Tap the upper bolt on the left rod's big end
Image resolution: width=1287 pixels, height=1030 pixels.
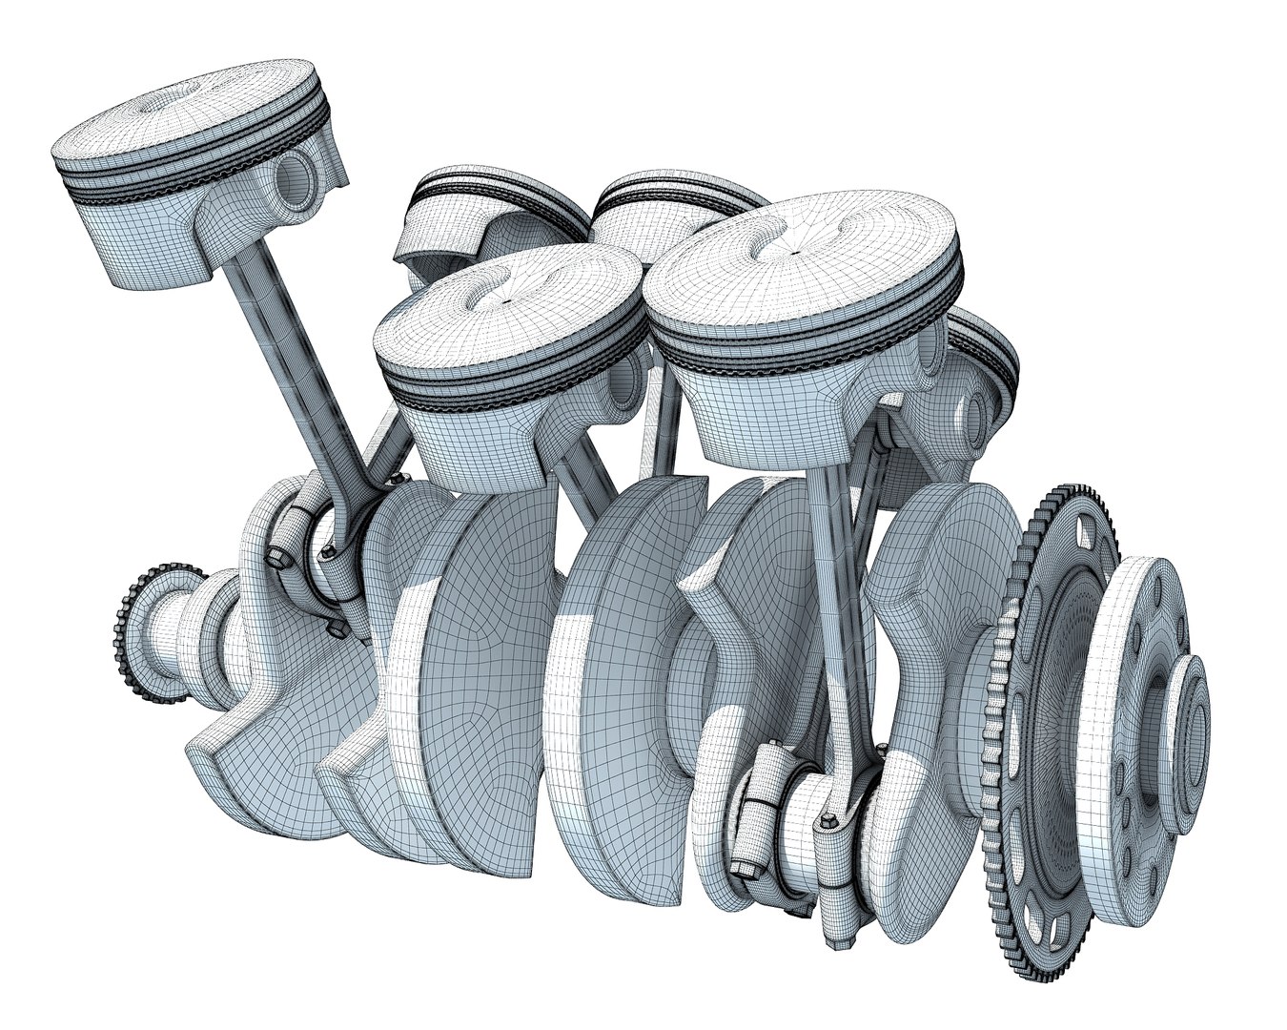277,556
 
